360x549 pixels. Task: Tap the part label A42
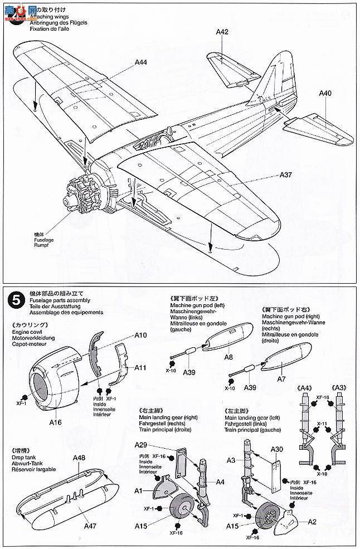click(x=222, y=32)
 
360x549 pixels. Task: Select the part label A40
click(x=325, y=93)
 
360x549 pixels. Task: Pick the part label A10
click(x=140, y=335)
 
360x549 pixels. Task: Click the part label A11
click(x=140, y=367)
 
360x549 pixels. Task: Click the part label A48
click(x=79, y=458)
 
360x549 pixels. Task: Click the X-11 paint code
click(x=322, y=424)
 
